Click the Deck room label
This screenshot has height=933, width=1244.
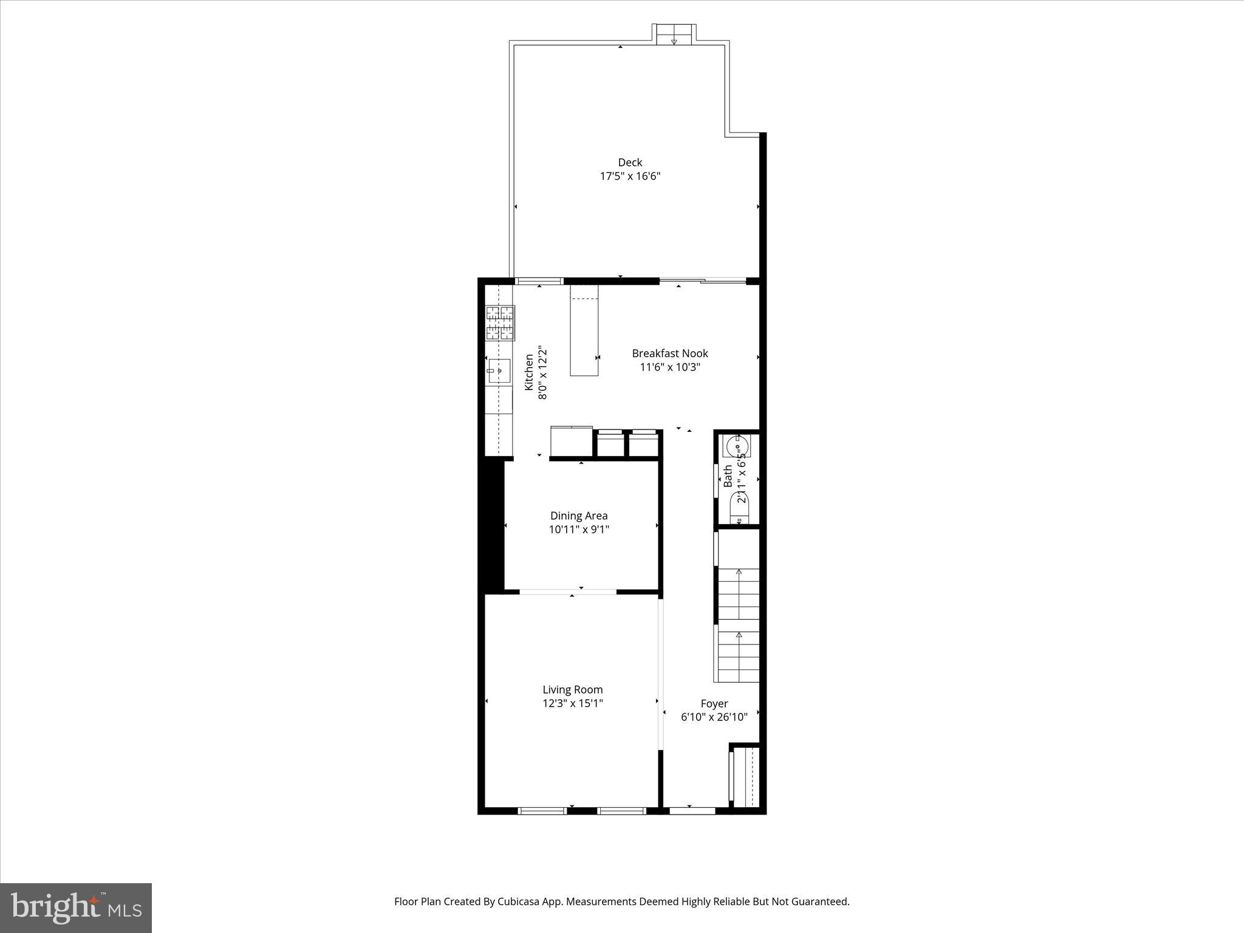[x=630, y=162]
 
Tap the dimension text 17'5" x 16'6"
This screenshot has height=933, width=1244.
[x=630, y=177]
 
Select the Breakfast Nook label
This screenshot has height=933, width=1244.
[x=669, y=354]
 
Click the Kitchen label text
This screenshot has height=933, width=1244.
[x=529, y=372]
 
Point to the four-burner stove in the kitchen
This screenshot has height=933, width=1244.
[x=499, y=323]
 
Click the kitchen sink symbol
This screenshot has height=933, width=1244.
[x=499, y=370]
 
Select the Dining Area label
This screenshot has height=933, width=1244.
[x=578, y=516]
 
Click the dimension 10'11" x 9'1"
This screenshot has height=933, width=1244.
[x=578, y=530]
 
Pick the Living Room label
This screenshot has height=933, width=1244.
[x=572, y=689]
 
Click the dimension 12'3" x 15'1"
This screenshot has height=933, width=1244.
[x=572, y=703]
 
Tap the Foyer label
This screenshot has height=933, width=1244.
[x=714, y=703]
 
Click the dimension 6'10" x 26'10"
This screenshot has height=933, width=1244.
[x=714, y=717]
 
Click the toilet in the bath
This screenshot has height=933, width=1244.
[x=740, y=509]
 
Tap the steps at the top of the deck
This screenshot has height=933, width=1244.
[x=674, y=35]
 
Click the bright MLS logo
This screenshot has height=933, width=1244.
[x=76, y=907]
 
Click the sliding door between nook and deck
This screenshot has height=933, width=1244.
[x=703, y=281]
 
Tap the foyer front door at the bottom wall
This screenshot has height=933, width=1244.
[x=692, y=810]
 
